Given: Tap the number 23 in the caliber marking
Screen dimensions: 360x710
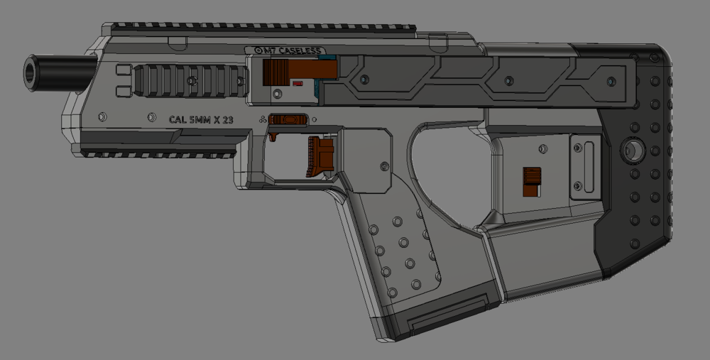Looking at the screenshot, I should coord(227,120).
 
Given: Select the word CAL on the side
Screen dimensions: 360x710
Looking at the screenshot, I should coord(177,120).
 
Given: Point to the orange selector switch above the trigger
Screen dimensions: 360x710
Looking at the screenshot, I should coord(289,119).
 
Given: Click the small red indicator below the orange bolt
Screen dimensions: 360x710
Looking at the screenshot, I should coord(298,84).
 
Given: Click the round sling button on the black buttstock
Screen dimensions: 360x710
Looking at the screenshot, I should coord(631,151).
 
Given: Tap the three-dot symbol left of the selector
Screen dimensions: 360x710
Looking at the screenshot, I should coord(263,120).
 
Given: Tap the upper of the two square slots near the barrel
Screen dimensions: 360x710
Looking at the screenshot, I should coord(122,70).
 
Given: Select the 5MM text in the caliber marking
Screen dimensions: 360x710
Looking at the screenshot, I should coord(202,120).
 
